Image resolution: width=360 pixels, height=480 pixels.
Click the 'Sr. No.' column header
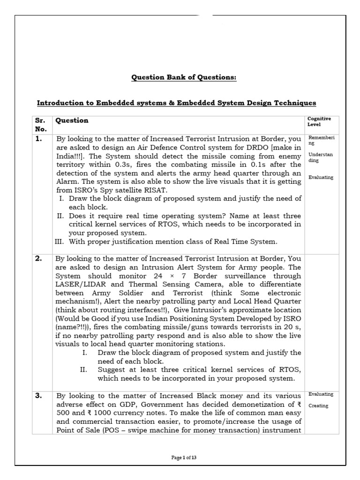[x=40, y=124]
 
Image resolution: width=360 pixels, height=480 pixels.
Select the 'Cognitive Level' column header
[x=319, y=122]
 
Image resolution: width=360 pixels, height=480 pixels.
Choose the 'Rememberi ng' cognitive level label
[x=321, y=141]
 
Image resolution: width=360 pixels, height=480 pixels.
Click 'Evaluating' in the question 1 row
[x=321, y=178]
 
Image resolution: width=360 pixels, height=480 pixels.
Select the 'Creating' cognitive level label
[x=318, y=406]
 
